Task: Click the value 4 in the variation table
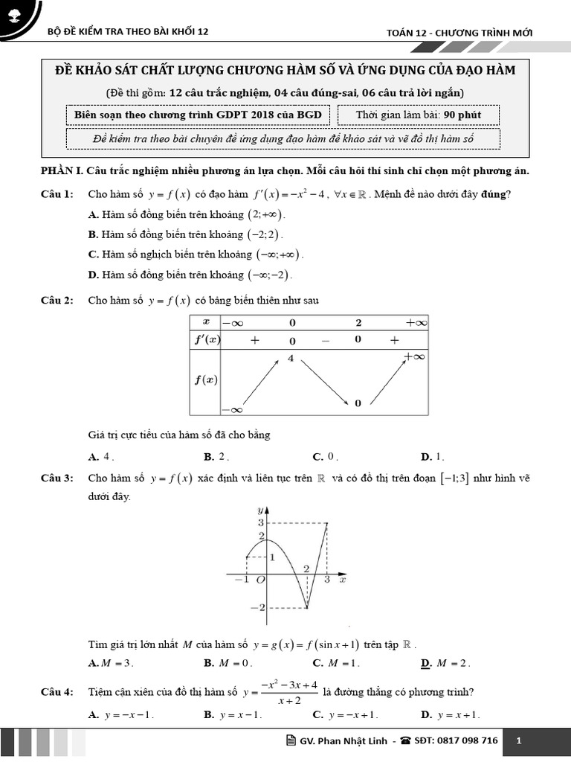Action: [x=291, y=359]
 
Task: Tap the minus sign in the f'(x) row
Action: [x=325, y=340]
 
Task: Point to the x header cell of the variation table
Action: [x=206, y=322]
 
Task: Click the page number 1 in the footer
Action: [x=519, y=740]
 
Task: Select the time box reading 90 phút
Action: [x=419, y=115]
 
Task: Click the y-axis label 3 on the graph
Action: [x=261, y=523]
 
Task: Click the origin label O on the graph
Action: [x=260, y=580]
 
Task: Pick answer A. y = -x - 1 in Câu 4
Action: [x=120, y=715]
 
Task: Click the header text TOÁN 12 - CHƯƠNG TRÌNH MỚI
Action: [x=459, y=32]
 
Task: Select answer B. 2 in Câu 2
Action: [x=216, y=457]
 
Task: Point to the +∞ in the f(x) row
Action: [x=413, y=356]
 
